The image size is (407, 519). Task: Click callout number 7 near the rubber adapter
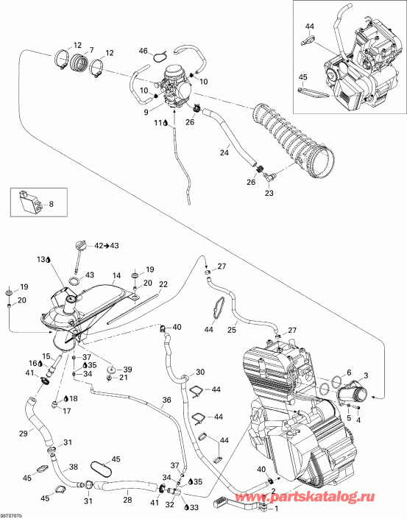91,50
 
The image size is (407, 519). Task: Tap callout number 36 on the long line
167,400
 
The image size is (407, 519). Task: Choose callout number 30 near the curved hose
199,372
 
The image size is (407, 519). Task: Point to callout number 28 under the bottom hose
127,501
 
